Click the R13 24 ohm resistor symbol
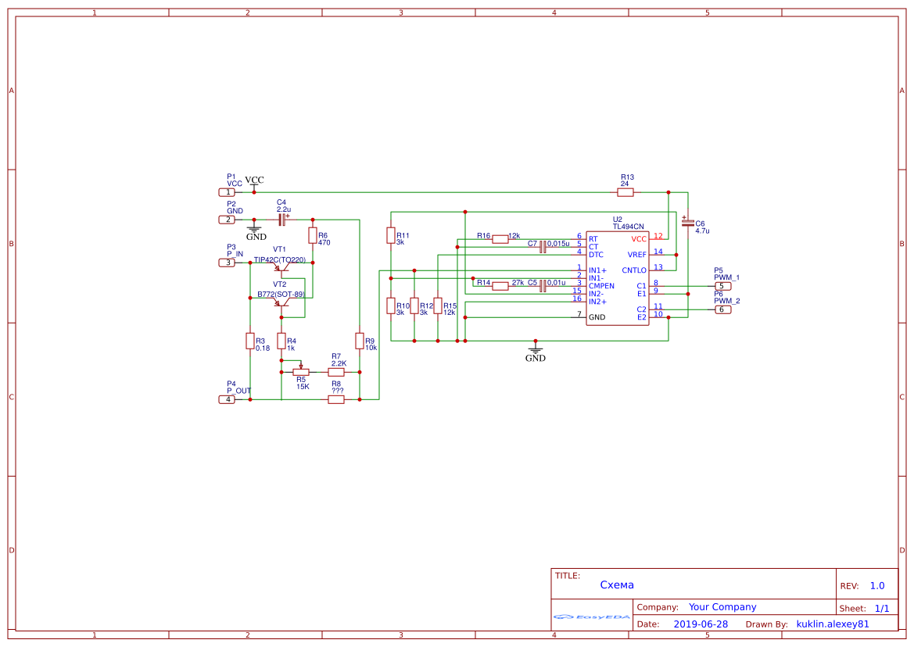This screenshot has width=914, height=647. coord(625,192)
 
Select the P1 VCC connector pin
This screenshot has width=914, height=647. coord(227,192)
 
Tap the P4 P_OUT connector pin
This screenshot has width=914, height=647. coord(227,399)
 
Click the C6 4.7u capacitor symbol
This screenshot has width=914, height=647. coord(687,223)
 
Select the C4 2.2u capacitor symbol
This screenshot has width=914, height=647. coord(282,220)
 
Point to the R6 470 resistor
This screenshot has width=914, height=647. coord(313,235)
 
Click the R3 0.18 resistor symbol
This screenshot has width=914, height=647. coord(250,341)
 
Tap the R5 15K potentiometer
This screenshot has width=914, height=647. coord(301,372)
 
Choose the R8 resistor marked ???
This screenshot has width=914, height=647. coord(336,399)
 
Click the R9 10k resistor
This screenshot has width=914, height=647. coord(360,341)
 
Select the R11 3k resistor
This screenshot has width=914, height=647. coord(391,235)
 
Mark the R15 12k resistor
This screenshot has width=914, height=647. coord(438,306)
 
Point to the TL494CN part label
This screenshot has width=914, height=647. coord(628,227)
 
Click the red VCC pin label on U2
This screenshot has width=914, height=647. coord(639,238)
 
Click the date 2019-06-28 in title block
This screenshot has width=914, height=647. coord(701,624)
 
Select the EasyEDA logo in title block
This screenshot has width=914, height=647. coord(592,617)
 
